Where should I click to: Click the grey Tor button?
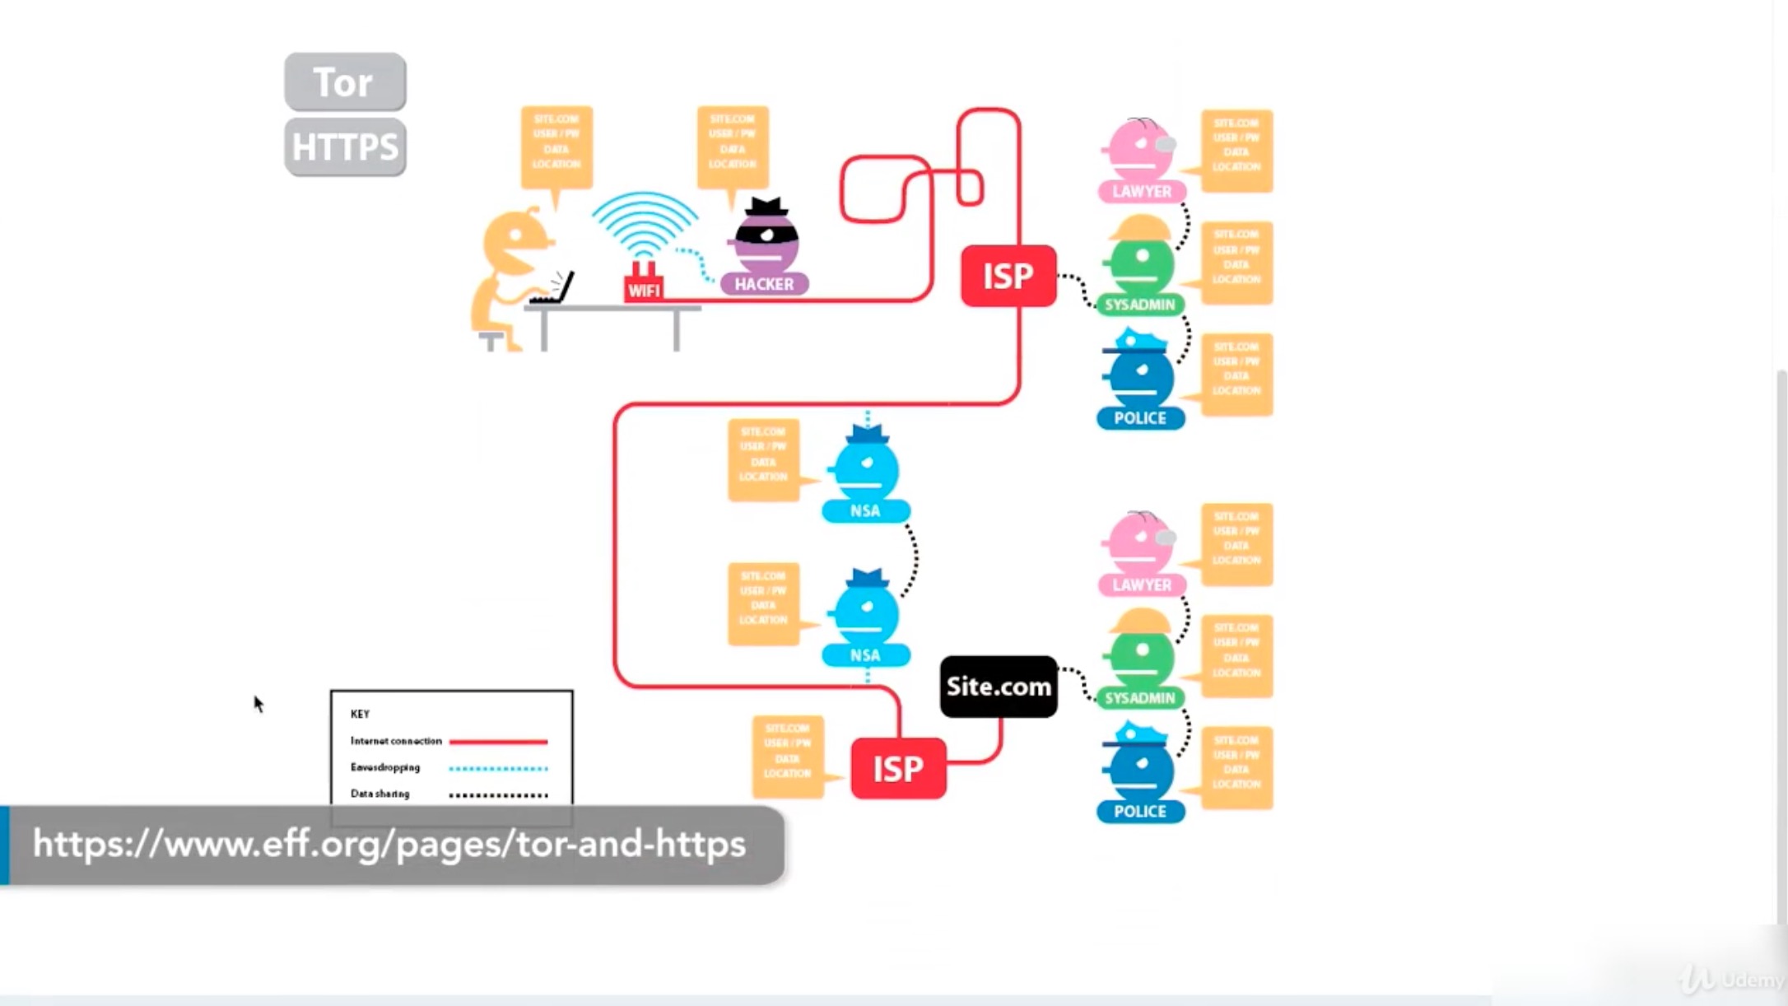[x=345, y=82]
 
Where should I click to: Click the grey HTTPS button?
[x=345, y=147]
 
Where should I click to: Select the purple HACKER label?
[x=764, y=284]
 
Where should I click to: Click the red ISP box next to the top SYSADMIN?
[x=1008, y=276]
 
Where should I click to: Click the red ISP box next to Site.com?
[x=898, y=768]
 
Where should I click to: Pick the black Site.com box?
[x=999, y=687]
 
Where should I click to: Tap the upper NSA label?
[x=865, y=511]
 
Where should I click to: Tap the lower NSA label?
[x=865, y=655]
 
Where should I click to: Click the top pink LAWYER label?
[x=1142, y=192]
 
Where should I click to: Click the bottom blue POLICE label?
[x=1140, y=811]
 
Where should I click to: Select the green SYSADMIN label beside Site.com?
[x=1140, y=698]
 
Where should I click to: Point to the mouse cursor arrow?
[x=258, y=703]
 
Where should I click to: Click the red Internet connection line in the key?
[x=498, y=742]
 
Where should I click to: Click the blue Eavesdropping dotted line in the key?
[x=498, y=768]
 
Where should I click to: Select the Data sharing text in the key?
[x=379, y=794]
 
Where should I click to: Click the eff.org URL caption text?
[x=389, y=845]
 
